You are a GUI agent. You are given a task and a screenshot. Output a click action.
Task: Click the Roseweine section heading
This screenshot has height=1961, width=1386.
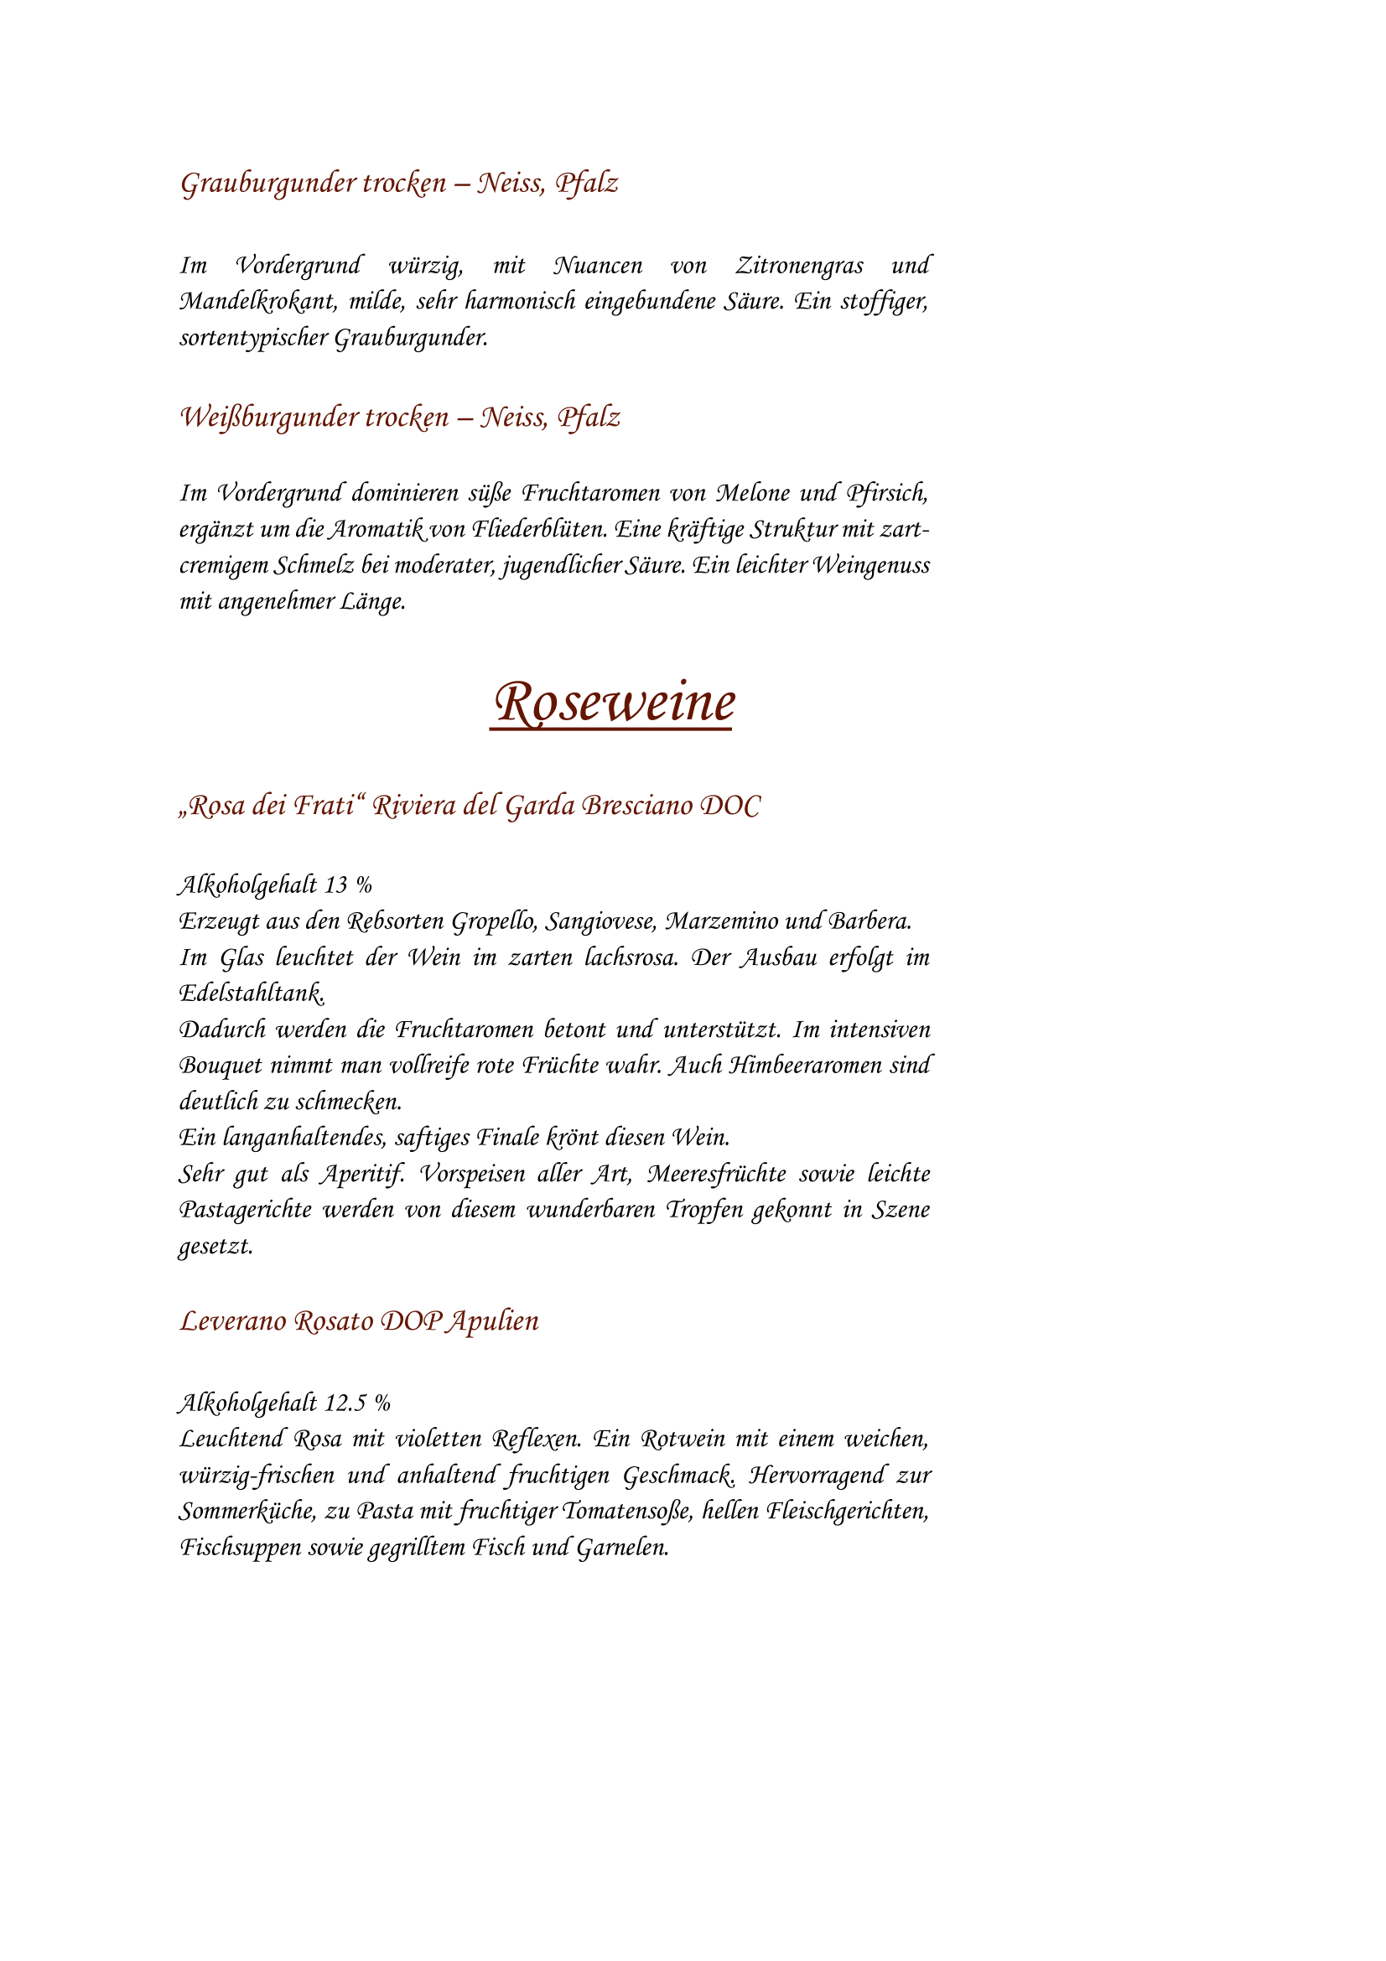click(614, 703)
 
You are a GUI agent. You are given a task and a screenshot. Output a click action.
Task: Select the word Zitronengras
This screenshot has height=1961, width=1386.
click(799, 266)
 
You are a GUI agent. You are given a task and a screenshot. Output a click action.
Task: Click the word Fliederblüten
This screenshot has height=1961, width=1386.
click(540, 530)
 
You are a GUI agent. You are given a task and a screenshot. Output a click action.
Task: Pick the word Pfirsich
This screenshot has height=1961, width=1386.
click(886, 494)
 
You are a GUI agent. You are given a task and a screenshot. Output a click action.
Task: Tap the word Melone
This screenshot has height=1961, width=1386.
click(752, 494)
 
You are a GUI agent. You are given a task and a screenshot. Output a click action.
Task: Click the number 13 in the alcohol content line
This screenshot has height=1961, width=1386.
click(335, 885)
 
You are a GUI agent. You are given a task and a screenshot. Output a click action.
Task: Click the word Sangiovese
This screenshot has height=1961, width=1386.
click(599, 921)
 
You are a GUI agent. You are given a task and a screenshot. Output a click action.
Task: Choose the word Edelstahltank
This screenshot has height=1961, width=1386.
click(251, 993)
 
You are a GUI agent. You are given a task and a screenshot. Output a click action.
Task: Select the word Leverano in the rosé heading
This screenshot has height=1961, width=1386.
click(232, 1321)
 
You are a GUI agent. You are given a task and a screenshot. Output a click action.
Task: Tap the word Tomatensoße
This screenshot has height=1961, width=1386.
click(626, 1511)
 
